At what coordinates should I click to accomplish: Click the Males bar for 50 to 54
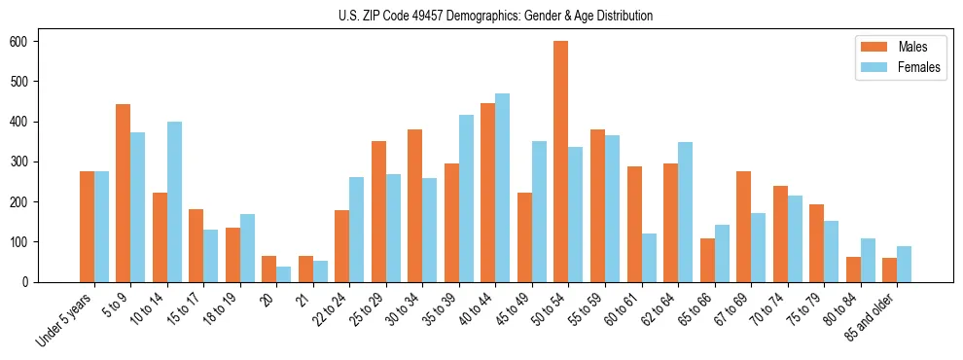[561, 162]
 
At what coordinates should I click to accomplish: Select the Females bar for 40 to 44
[503, 188]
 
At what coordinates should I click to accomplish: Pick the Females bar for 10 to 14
[174, 201]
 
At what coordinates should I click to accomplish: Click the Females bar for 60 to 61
[649, 258]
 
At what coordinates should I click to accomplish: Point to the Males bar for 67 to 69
[743, 227]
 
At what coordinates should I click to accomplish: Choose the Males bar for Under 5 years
[87, 227]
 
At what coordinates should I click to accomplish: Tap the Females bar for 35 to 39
[466, 198]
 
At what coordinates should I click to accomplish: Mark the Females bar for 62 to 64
[685, 212]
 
